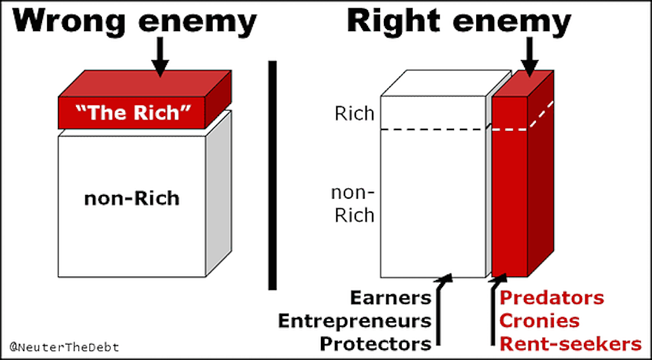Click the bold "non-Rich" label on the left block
(132, 199)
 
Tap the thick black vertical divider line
(273, 175)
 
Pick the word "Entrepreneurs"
(355, 321)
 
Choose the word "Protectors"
(376, 344)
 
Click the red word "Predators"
(552, 298)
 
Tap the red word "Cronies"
(539, 321)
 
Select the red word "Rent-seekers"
(570, 344)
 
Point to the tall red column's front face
(510, 187)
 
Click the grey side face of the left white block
(219, 194)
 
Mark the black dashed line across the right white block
(433, 129)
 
